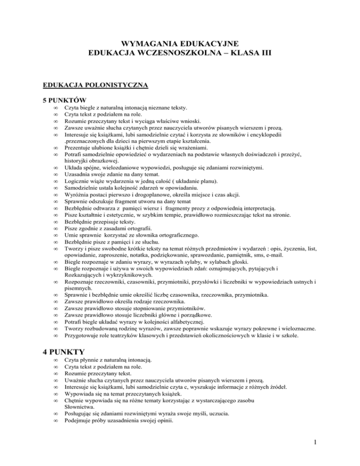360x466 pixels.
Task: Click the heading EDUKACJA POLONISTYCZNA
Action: (x=95, y=85)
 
